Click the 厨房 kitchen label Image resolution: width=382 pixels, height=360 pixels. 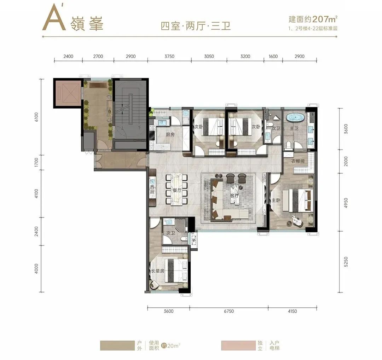point(170,135)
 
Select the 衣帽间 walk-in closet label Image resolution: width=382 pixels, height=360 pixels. point(298,162)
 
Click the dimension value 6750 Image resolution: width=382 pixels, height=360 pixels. point(228,311)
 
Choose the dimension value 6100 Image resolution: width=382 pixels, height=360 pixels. point(36,116)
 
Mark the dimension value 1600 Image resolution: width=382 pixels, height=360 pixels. point(273,56)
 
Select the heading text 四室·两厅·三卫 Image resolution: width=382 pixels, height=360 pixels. point(196,26)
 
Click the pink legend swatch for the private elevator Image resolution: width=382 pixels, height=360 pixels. point(237,346)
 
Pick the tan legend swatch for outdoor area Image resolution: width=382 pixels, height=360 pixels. point(116,346)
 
